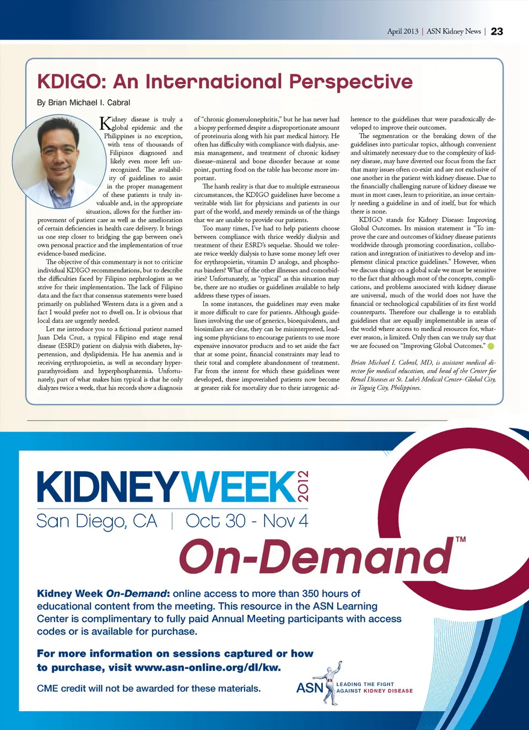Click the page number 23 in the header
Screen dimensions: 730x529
click(496, 31)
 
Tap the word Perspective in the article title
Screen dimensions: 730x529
click(350, 81)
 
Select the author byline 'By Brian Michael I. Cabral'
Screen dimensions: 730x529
click(84, 102)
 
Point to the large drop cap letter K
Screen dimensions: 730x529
click(105, 123)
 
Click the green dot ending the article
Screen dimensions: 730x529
click(491, 346)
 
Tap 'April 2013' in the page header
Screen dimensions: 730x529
click(402, 31)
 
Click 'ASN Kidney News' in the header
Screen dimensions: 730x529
click(454, 31)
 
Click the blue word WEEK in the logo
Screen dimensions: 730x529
click(238, 487)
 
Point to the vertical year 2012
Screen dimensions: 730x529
click(303, 486)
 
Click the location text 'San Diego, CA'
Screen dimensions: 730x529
click(97, 521)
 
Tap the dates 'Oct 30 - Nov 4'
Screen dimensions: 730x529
click(246, 521)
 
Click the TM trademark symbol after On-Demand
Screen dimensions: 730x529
click(461, 540)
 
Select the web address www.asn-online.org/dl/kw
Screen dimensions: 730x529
click(207, 667)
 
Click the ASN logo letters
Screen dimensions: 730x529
click(309, 688)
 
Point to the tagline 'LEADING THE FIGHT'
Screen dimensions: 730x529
click(365, 684)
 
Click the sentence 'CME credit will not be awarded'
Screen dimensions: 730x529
click(149, 688)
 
